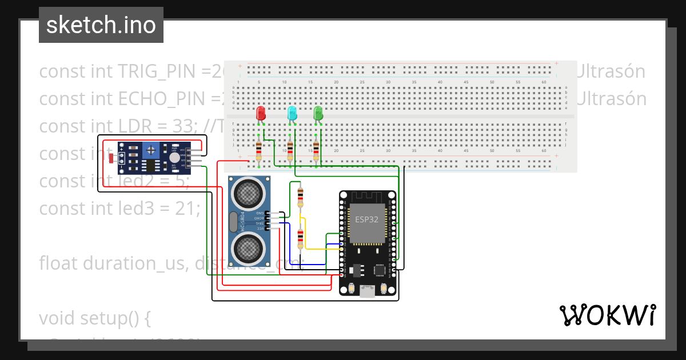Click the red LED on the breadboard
(261, 113)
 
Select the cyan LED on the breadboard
(292, 113)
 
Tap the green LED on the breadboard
(318, 113)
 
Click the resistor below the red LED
(259, 151)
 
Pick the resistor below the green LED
(316, 151)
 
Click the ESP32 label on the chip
(366, 219)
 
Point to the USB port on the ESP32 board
(367, 292)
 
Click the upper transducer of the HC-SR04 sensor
(249, 193)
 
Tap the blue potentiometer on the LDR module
(151, 151)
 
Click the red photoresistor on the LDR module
(111, 158)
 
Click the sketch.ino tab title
(101, 25)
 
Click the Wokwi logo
(607, 315)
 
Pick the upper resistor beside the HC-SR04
(300, 197)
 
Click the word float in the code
(59, 263)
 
